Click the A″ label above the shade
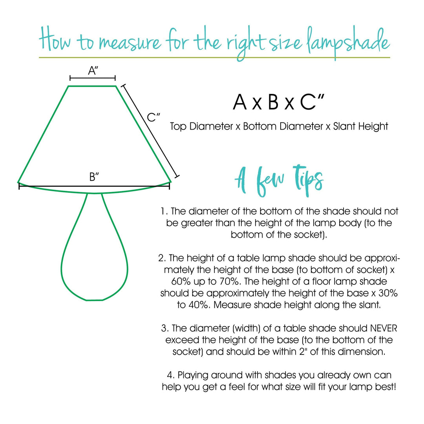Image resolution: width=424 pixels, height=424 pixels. point(93,71)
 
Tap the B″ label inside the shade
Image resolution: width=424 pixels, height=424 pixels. point(94,177)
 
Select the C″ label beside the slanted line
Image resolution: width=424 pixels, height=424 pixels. point(153,117)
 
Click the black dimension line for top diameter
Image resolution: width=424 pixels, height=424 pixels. point(93,78)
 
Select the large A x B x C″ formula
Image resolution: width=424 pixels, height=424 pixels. point(278,102)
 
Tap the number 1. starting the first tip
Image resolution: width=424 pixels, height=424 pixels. point(164,211)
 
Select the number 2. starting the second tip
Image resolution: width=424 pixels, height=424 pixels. point(162,258)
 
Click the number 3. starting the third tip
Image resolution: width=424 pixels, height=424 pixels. point(164,328)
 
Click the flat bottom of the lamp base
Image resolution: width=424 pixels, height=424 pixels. point(94,300)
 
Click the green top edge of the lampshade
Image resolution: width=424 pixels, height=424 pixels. point(93,86)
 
